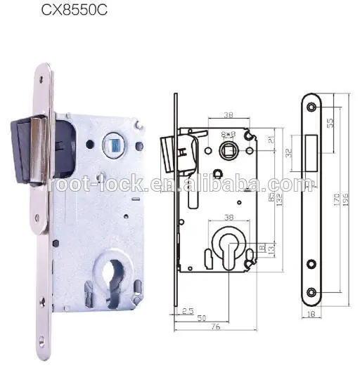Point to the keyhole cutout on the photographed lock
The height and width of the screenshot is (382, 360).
point(105,270)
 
